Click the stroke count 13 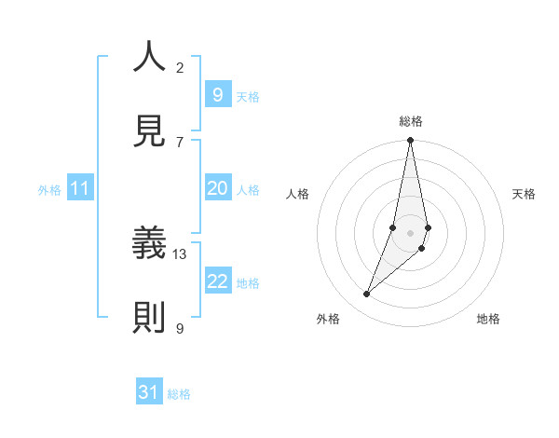(180, 253)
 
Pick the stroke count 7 (180, 142)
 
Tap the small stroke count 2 (180, 67)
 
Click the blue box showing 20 (217, 188)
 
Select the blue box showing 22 (217, 281)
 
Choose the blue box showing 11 (80, 188)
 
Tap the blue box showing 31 (149, 392)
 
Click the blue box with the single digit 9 (217, 94)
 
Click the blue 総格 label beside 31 (179, 394)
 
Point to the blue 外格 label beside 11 (49, 190)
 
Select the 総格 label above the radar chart (411, 121)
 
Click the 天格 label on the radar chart (524, 194)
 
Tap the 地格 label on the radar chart (488, 319)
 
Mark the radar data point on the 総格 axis (410, 141)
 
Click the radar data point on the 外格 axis (367, 294)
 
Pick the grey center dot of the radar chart (410, 233)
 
